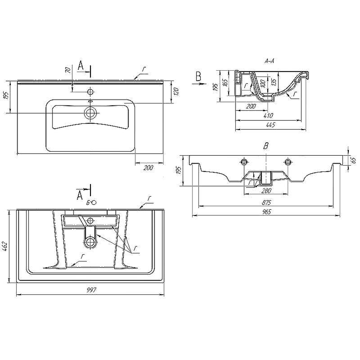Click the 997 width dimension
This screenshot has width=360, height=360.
[91, 290]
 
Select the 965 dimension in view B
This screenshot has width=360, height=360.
[266, 211]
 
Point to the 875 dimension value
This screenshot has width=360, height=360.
[266, 202]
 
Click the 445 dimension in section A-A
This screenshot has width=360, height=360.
[271, 125]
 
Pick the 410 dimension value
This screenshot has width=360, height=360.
[268, 116]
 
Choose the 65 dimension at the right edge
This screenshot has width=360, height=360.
[354, 160]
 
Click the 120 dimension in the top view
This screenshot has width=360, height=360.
[176, 92]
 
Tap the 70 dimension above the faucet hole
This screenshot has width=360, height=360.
[68, 70]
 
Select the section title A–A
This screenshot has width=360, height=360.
[269, 61]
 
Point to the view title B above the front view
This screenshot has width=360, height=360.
[266, 146]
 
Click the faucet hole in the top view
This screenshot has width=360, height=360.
[90, 92]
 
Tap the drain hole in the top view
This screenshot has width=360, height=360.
[90, 113]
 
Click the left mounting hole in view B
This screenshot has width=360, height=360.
[244, 162]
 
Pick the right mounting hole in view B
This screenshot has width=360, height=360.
[288, 162]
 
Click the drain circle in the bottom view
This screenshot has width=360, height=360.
[90, 242]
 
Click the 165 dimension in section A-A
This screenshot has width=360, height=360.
[225, 82]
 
